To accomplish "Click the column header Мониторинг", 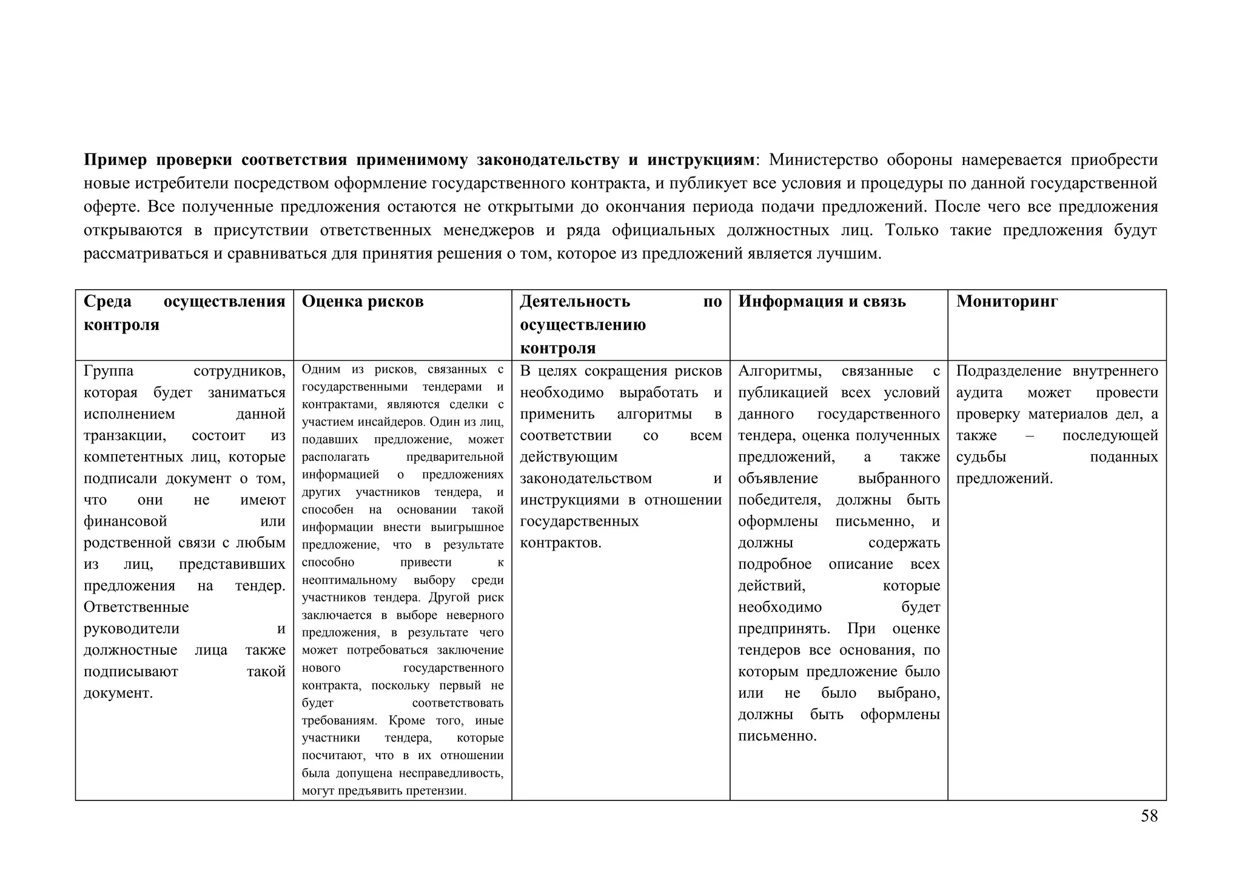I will coord(1007,301).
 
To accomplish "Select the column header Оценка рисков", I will coord(363,301).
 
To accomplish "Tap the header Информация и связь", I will coord(822,301).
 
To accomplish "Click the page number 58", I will coord(1149,816).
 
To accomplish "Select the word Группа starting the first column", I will coord(109,371).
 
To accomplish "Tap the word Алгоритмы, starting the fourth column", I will coord(780,371).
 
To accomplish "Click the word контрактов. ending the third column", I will coord(560,543).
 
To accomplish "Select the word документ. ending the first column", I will coord(118,693).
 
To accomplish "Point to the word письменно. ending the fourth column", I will coord(777,736).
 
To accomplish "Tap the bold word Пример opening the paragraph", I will coord(115,160).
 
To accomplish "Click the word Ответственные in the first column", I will coord(136,607).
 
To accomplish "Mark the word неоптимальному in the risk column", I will coord(349,580).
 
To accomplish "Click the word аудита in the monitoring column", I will coord(979,393).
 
